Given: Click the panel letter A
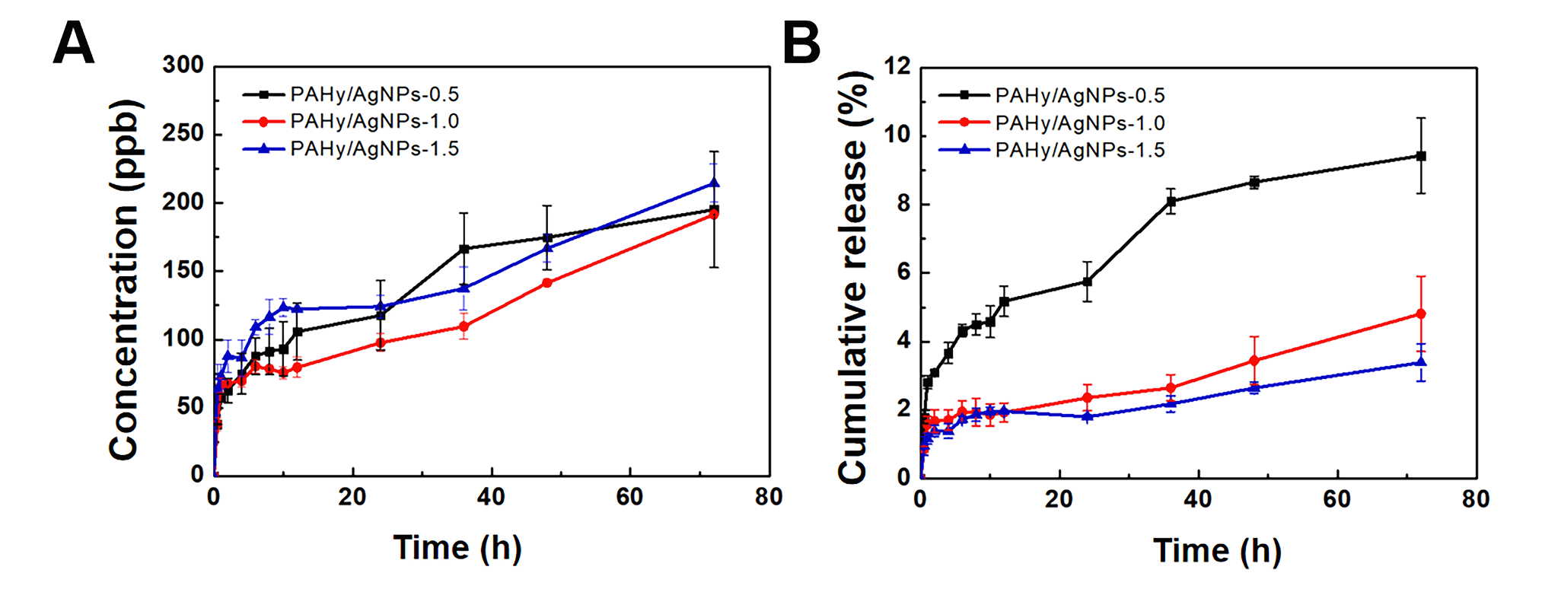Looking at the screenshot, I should point(74,43).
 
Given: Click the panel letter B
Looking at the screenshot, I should point(801,43).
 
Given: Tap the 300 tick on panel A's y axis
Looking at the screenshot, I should point(183,65).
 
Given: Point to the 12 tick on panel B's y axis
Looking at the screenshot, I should point(897,66).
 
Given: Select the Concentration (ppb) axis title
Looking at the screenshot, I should point(124,279).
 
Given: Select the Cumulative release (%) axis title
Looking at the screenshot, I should point(853,278).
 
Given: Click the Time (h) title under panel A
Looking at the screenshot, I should point(457,548).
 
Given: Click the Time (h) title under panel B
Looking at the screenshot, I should point(1217,550).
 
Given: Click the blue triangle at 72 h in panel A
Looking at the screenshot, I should point(714,183).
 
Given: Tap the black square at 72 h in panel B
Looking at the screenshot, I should point(1420,156).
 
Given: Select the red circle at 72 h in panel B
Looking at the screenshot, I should point(1420,314).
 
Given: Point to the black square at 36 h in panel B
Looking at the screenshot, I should point(1171,202).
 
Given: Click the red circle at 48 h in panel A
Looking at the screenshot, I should point(547,283).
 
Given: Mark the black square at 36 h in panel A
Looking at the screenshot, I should point(464,249).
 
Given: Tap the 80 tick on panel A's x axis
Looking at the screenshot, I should point(769,498).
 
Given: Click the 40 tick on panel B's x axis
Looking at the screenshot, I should point(1197,499).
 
